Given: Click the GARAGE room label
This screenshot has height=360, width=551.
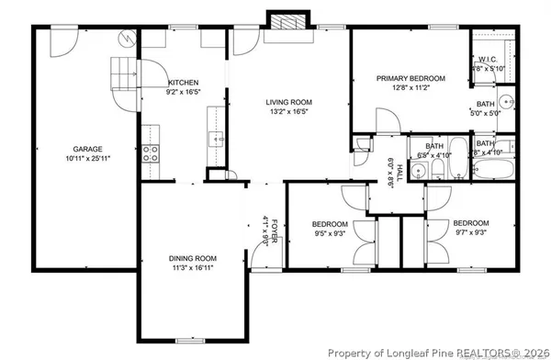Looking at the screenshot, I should pyautogui.click(x=88, y=149).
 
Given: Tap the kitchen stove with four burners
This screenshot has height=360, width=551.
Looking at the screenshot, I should pyautogui.click(x=150, y=153).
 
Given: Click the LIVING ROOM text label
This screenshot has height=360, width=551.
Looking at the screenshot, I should pyautogui.click(x=289, y=103).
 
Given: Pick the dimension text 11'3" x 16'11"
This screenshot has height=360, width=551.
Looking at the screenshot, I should pyautogui.click(x=192, y=269).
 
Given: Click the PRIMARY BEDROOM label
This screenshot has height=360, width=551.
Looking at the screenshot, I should pyautogui.click(x=410, y=79).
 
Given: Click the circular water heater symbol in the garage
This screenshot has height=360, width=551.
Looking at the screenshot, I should pyautogui.click(x=127, y=39).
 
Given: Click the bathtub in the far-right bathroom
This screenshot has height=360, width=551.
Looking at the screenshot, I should pyautogui.click(x=495, y=171).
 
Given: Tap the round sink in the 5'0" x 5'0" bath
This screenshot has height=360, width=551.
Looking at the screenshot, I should pyautogui.click(x=505, y=103).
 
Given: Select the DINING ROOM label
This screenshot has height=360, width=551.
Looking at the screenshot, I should pyautogui.click(x=192, y=259).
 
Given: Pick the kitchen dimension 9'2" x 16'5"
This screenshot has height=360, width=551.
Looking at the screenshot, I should pyautogui.click(x=182, y=93).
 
